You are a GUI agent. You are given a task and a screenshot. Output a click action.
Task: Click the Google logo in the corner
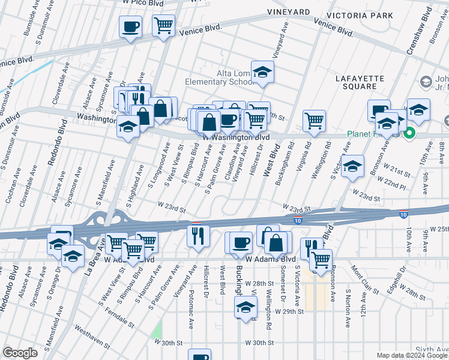pos(20,353)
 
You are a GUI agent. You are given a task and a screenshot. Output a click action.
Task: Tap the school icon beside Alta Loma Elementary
pos(262,73)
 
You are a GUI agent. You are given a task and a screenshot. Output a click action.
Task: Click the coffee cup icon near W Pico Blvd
pos(130,26)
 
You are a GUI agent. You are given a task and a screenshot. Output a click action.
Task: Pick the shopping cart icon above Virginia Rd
pos(314,121)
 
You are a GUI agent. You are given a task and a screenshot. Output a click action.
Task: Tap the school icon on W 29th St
pos(245,308)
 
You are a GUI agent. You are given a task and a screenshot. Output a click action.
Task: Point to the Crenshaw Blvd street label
pos(419,36)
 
